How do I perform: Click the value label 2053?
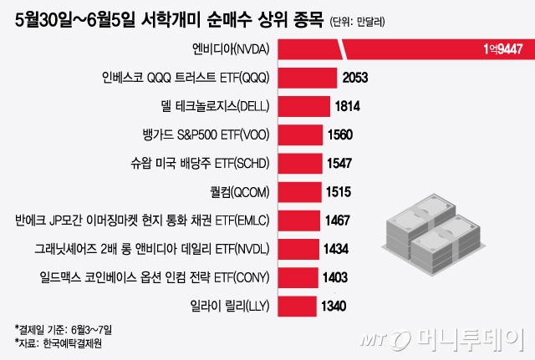pos(354,79)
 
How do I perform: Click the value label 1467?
pos(339,221)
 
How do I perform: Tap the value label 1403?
pos(336,277)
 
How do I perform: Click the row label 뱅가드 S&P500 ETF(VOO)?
pos(206,135)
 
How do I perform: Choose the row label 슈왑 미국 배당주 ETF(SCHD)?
pos(200,164)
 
